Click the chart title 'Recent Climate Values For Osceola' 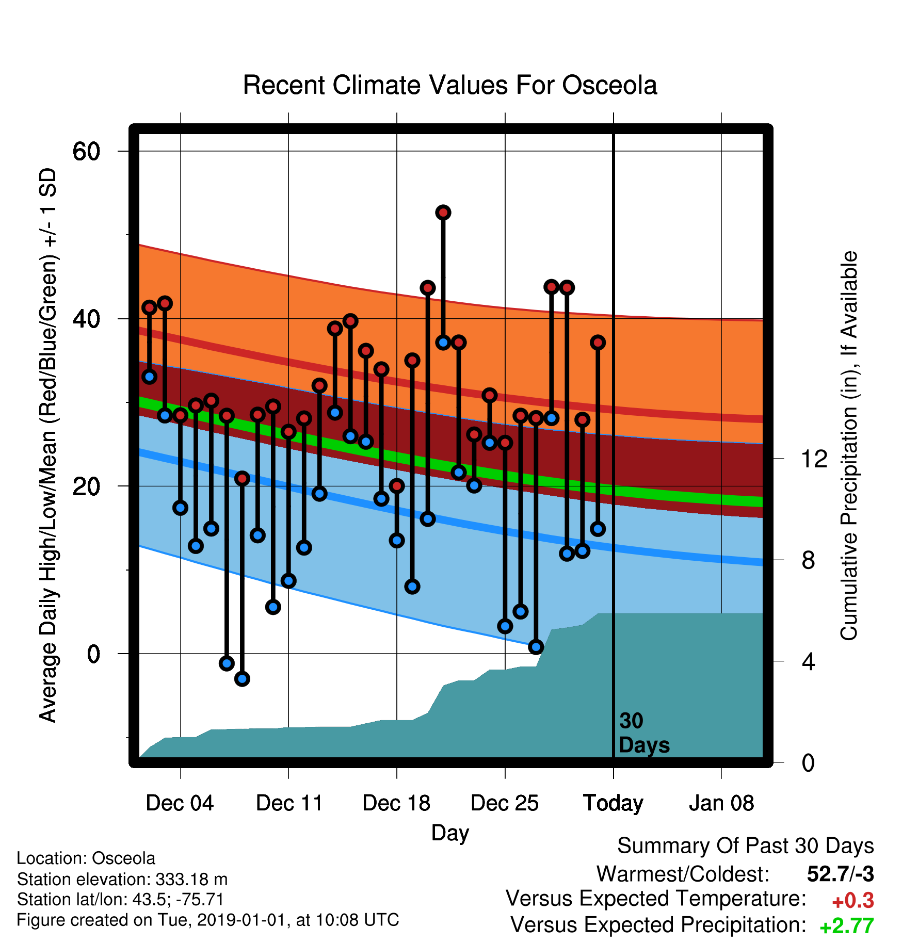450,85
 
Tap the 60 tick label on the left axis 86,152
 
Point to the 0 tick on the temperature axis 93,654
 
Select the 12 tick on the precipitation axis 814,459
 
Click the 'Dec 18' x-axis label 396,803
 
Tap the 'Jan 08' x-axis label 721,803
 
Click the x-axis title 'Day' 450,833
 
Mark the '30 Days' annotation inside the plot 644,733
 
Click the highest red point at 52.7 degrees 443,213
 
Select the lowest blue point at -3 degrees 242,679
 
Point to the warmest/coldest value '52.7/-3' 841,874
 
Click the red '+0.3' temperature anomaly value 853,901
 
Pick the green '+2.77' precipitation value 847,926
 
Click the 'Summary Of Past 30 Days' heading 746,846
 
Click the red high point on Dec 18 397,486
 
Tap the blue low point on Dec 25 505,626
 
